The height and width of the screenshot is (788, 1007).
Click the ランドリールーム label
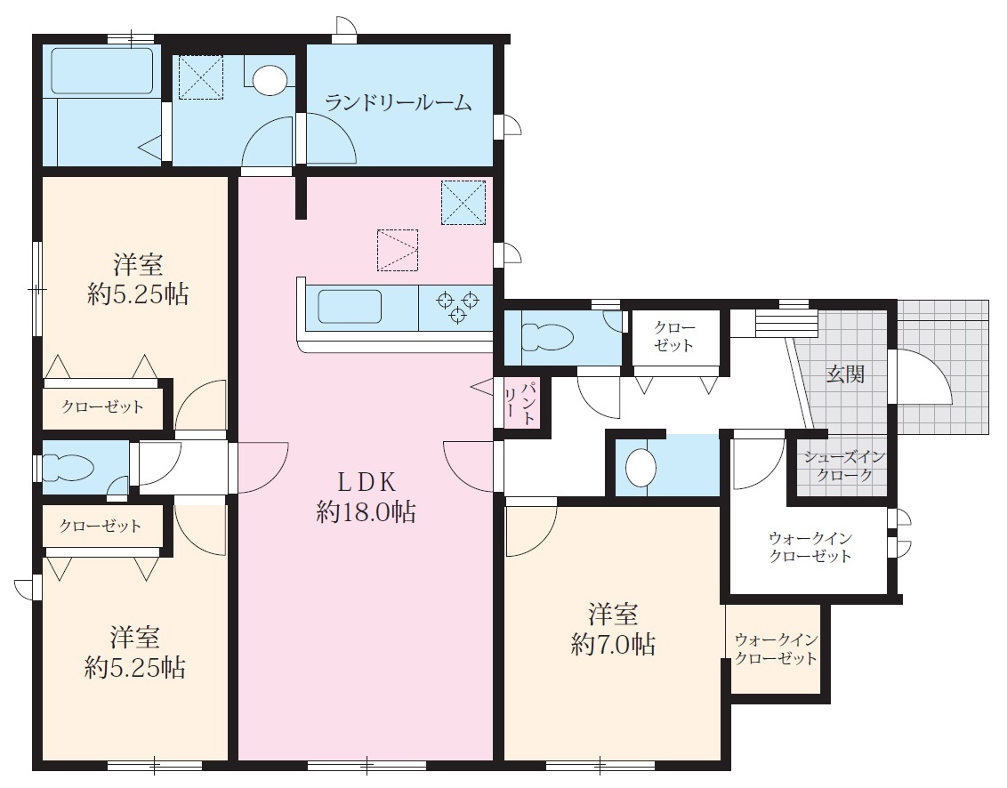point(399,103)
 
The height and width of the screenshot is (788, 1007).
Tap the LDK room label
point(367,481)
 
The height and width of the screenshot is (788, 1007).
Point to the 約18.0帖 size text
point(367,512)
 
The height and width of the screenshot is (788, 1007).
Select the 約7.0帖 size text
point(613,644)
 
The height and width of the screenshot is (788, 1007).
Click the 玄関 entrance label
point(845,374)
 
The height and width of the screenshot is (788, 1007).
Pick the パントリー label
point(520,403)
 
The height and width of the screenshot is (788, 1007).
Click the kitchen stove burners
point(457,306)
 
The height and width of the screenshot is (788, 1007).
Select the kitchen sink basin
point(350,306)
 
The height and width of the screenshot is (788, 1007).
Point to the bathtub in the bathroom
point(102,70)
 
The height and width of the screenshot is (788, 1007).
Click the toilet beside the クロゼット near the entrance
point(547,336)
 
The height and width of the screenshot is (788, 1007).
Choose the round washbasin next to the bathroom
point(269,80)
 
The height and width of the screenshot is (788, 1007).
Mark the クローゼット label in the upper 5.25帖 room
point(103,406)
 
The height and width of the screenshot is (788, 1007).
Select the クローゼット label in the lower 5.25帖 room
point(101,526)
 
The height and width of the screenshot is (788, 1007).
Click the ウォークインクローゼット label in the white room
point(810,547)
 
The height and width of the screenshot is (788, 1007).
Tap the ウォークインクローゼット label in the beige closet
point(776,649)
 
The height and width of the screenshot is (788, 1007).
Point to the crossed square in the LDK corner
point(463,202)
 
